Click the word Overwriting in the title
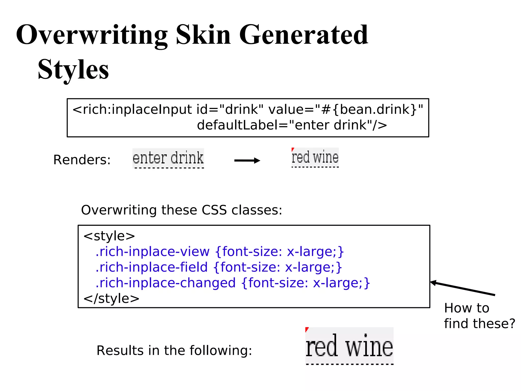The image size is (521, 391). [92, 35]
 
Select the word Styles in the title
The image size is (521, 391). [73, 69]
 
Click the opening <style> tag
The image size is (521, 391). [109, 236]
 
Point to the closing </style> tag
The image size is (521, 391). [111, 298]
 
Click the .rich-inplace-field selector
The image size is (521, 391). [152, 267]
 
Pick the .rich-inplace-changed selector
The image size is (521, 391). [166, 283]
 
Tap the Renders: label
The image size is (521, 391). [82, 160]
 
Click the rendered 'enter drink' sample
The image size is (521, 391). [168, 158]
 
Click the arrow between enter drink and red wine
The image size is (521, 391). [247, 160]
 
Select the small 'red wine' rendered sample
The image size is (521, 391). [315, 157]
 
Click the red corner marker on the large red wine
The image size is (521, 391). [307, 329]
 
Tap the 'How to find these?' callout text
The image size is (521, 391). [479, 316]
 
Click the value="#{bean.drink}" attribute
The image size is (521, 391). [346, 109]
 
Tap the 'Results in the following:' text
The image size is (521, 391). [174, 351]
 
